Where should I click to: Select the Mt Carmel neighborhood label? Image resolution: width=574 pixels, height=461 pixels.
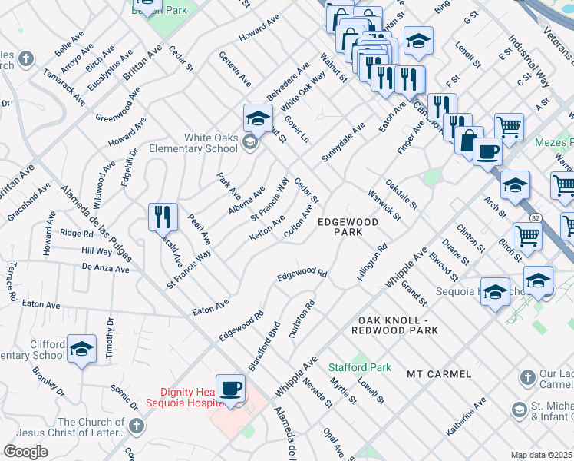[439, 374]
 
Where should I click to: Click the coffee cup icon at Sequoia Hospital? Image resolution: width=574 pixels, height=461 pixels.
[230, 388]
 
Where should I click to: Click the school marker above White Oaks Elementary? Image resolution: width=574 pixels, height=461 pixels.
[259, 118]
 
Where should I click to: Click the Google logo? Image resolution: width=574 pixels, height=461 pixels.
[25, 452]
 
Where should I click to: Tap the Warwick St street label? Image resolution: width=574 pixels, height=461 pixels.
[384, 204]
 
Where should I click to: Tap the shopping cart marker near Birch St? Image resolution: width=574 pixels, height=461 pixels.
[527, 237]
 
